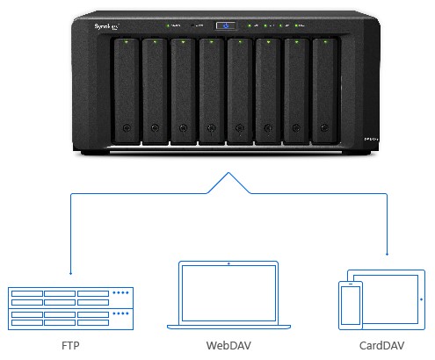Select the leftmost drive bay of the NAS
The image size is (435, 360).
127,90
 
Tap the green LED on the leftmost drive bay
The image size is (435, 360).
127,43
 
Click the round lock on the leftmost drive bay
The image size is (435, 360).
128,130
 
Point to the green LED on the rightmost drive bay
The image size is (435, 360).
324,43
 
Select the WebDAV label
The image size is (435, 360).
228,346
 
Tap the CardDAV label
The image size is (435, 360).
383,346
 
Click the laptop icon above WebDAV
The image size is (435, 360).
228,294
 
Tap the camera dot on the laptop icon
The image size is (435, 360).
228,263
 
